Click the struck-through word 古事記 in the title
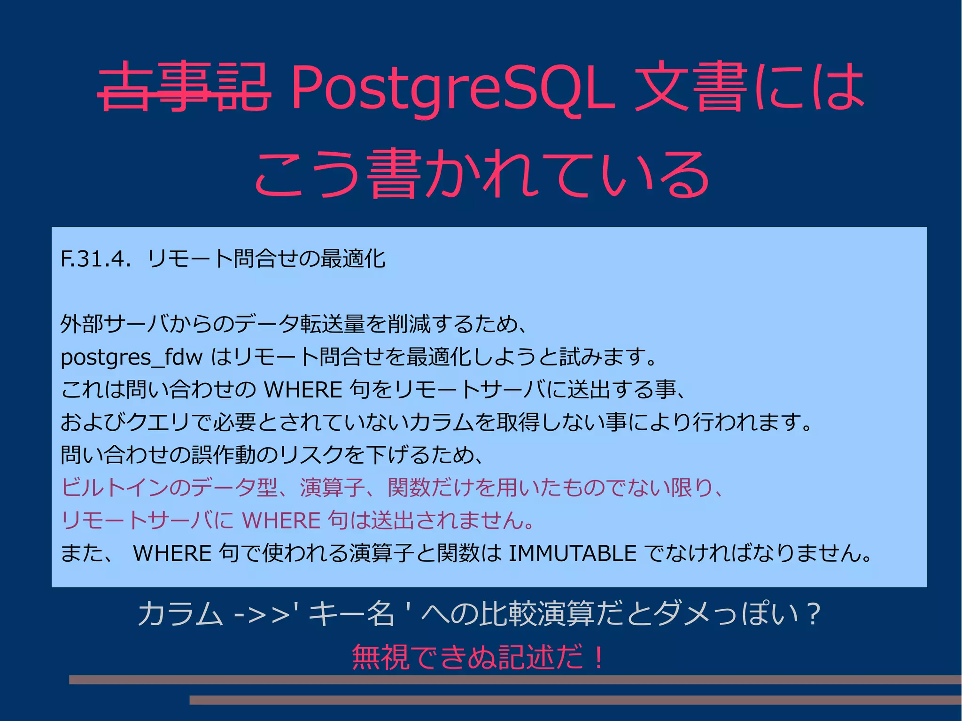184,87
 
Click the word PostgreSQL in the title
452,88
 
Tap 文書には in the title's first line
749,87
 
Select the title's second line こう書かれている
481,174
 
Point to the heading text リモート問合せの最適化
266,259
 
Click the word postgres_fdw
132,357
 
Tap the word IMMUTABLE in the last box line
573,553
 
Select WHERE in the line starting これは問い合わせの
303,390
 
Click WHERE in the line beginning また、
172,553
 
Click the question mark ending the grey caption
812,614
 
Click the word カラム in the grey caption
180,614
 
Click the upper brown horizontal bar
515,679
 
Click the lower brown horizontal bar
575,700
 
